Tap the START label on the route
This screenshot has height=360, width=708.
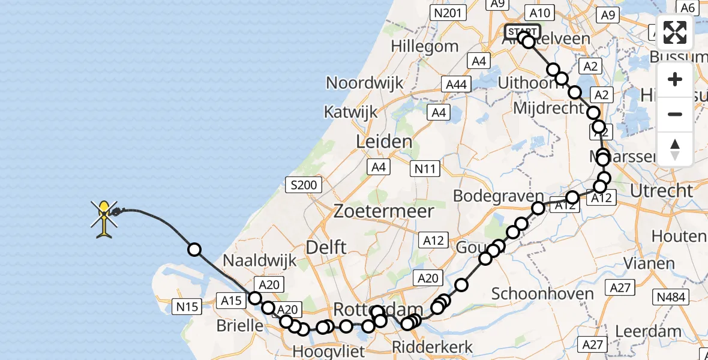tap(523, 32)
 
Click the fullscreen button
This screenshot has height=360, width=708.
tap(675, 33)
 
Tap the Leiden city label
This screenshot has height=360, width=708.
tap(384, 142)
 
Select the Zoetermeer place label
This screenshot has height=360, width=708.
tap(383, 211)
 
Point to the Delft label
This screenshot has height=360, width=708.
tap(326, 247)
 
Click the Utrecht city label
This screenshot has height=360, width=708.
tap(662, 191)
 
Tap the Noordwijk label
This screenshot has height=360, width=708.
tap(365, 83)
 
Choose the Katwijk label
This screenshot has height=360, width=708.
tap(351, 112)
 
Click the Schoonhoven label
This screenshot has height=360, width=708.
tap(542, 294)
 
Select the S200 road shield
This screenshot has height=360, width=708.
tap(304, 185)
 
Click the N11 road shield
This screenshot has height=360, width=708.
tap(425, 170)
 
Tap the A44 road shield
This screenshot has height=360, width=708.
tap(457, 85)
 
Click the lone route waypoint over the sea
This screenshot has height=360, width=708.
tap(194, 250)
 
